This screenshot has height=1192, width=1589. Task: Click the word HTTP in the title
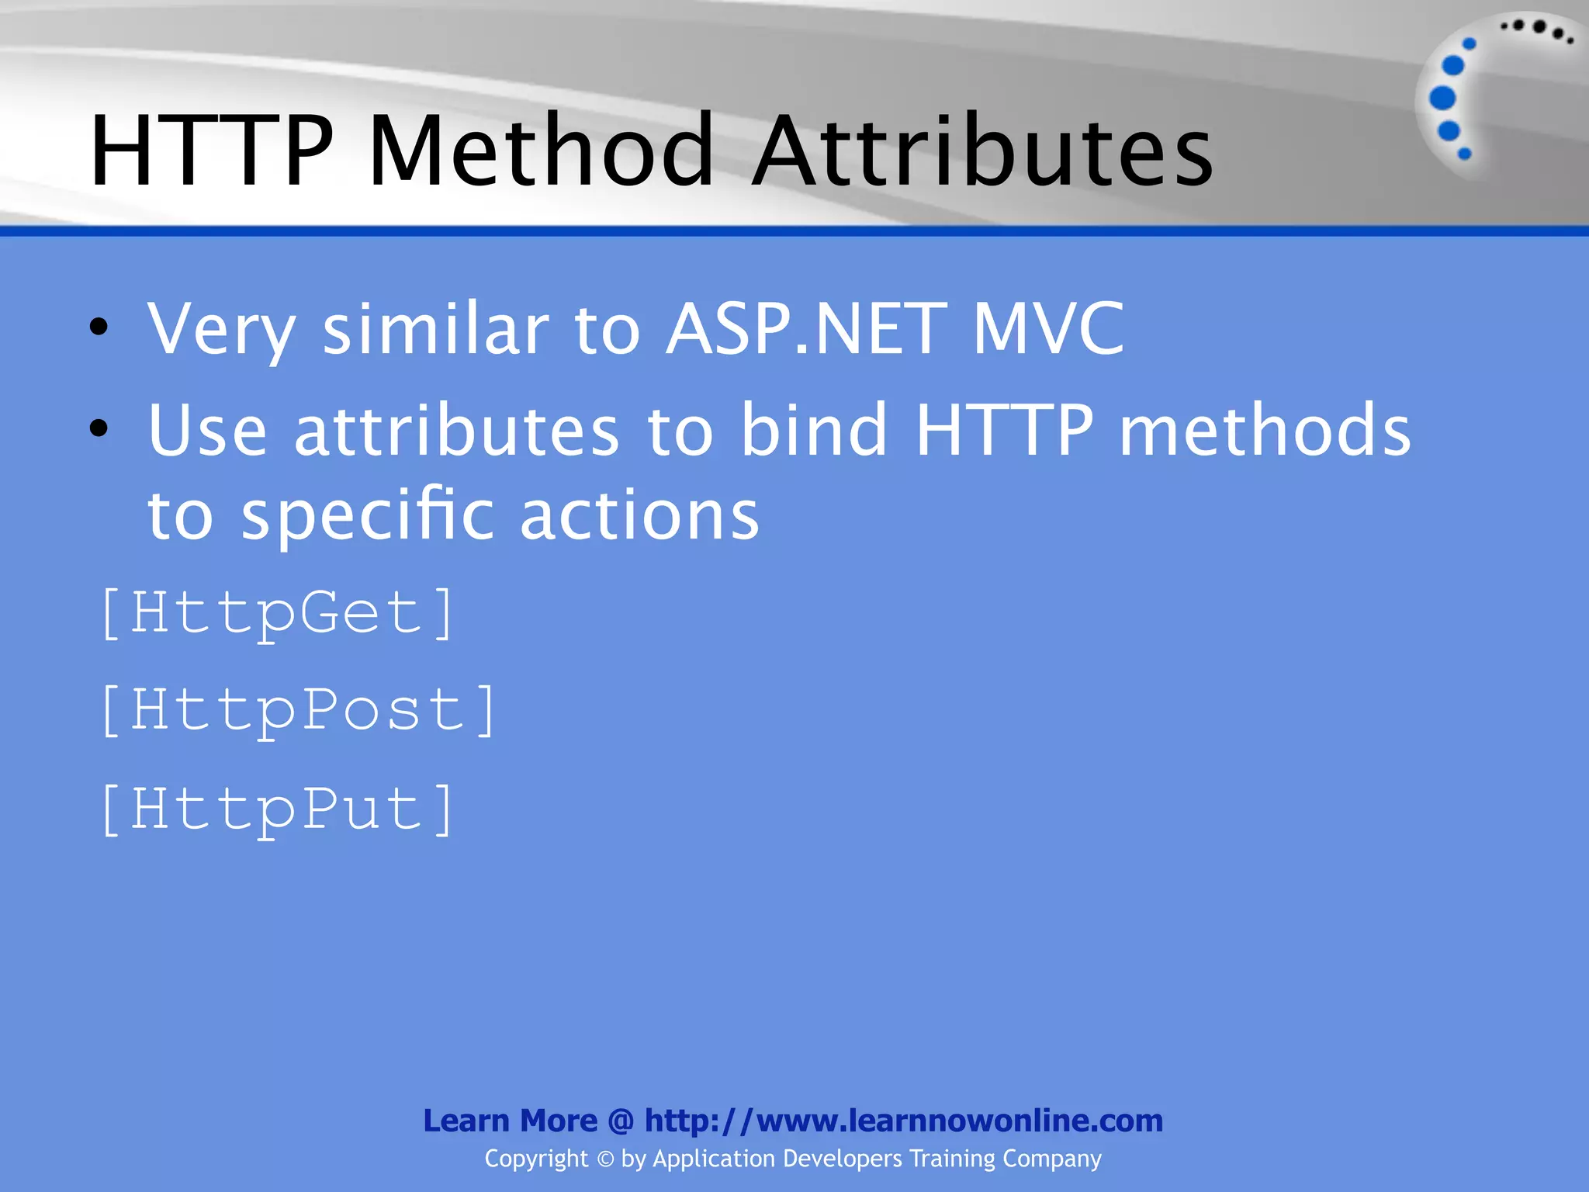(211, 151)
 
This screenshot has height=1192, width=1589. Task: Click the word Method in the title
(541, 151)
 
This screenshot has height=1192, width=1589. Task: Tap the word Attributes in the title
(983, 151)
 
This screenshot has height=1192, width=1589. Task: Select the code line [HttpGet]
(277, 614)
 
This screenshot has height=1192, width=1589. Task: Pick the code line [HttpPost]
(298, 711)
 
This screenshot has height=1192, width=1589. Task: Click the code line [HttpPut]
(277, 809)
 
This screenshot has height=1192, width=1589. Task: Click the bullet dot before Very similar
(99, 328)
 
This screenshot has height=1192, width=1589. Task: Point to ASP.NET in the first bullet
(807, 329)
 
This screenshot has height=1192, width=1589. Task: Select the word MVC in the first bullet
(1048, 329)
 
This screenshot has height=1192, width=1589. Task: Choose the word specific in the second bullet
(367, 515)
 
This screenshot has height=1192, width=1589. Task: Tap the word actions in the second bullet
(639, 515)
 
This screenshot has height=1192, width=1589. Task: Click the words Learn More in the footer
(510, 1121)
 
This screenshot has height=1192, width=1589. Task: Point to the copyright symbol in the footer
(605, 1159)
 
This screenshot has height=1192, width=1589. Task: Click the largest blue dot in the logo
(1442, 98)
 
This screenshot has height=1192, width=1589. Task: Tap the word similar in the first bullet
(435, 329)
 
